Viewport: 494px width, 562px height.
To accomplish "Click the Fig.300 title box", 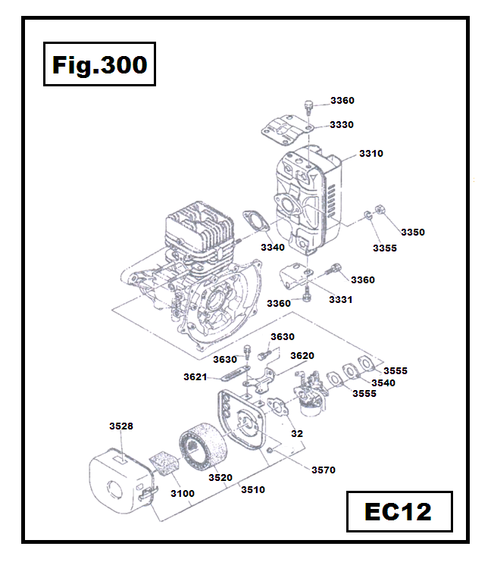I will click(99, 65).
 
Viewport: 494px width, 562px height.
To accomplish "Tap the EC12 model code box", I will click(399, 512).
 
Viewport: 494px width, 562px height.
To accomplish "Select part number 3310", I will click(371, 153).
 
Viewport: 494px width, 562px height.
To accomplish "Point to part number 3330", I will click(342, 124).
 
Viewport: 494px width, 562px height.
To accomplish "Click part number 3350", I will click(413, 232).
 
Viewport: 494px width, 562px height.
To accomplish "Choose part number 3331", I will click(340, 300).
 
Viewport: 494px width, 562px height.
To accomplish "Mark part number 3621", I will click(195, 376).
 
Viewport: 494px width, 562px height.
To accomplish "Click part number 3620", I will click(302, 355).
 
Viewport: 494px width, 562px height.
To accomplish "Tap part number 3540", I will click(383, 382).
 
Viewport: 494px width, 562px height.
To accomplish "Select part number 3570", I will click(323, 470).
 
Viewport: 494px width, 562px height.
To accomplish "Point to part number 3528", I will click(121, 426).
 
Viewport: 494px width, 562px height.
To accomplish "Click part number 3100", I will click(182, 494).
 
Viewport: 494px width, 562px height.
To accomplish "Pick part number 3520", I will click(220, 477).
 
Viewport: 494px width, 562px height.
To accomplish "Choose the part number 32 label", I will click(297, 434).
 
